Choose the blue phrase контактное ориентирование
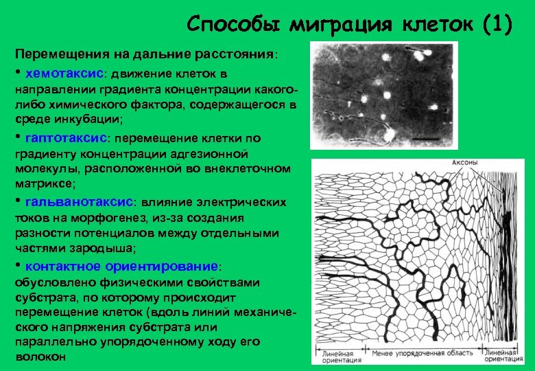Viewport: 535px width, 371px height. coord(121,266)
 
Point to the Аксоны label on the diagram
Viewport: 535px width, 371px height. coord(464,163)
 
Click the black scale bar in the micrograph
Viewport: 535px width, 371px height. coord(427,140)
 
